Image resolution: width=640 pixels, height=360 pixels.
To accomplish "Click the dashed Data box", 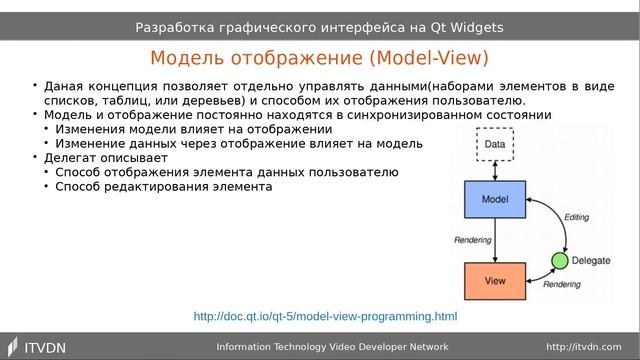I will [494, 145].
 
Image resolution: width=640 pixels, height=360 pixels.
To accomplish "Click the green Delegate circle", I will [559, 262].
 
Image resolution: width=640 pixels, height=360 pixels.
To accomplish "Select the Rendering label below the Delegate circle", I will [562, 285].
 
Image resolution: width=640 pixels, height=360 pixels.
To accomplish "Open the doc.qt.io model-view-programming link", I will [325, 317].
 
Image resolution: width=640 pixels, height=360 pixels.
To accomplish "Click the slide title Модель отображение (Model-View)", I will [319, 57].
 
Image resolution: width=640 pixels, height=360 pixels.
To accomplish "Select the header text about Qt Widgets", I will [319, 27].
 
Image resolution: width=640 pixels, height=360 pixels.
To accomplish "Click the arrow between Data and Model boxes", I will [494, 172].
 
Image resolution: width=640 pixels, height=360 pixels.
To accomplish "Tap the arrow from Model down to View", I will [494, 241].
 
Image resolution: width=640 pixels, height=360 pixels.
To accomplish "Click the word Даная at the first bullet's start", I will [63, 87].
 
